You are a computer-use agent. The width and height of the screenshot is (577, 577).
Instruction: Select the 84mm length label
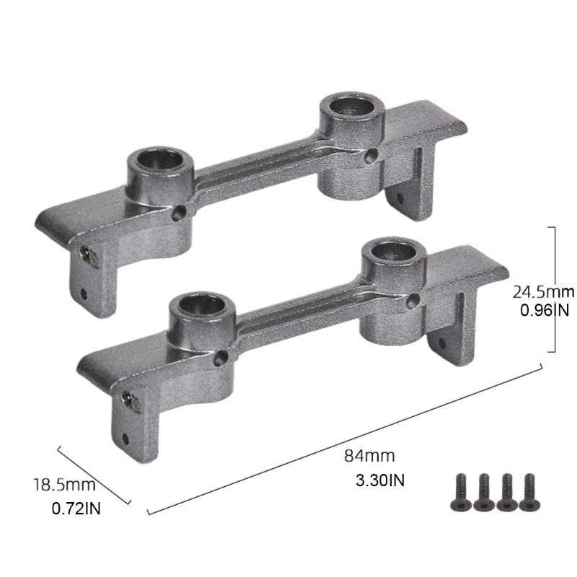(369, 457)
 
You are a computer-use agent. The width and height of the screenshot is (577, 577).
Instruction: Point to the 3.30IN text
(379, 480)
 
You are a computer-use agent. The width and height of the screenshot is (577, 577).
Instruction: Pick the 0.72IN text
(76, 508)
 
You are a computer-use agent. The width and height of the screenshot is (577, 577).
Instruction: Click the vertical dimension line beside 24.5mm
(554, 288)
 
